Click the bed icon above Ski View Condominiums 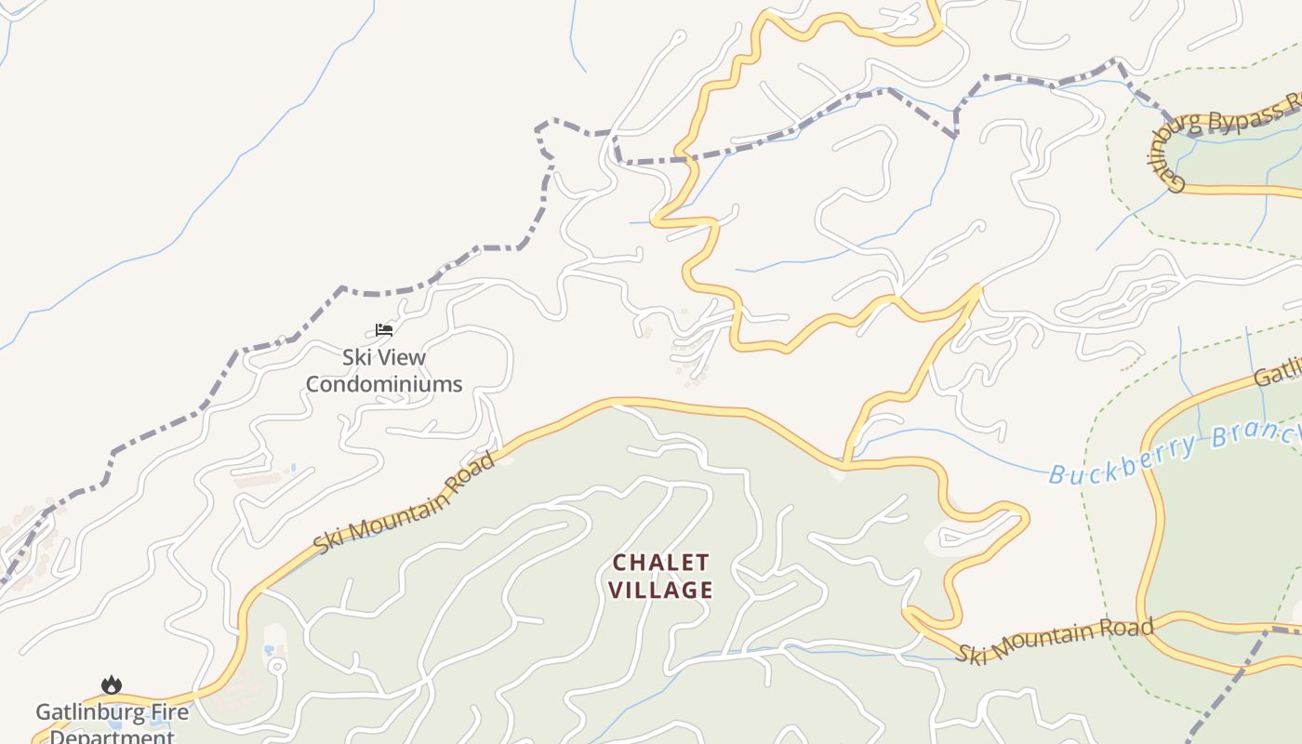[384, 329]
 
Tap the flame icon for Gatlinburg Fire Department [112, 685]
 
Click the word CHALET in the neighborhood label [661, 563]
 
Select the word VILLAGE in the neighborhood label [661, 590]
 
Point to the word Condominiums [384, 384]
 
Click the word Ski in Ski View [357, 357]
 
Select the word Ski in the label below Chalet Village [971, 653]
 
